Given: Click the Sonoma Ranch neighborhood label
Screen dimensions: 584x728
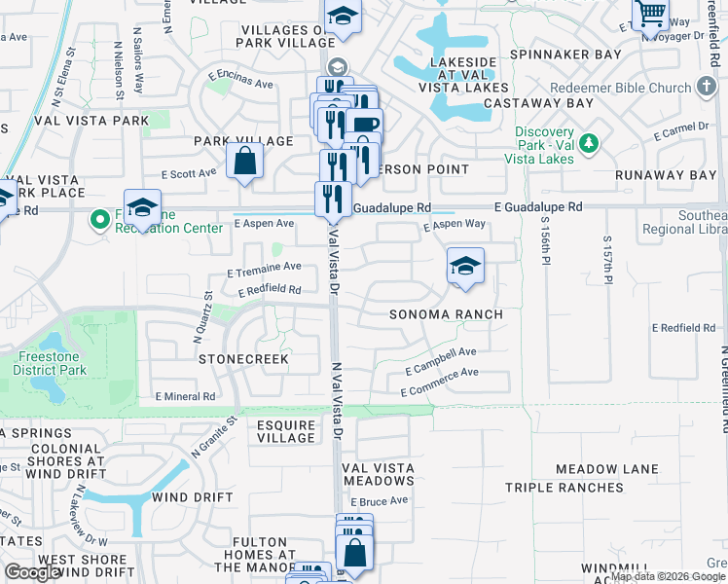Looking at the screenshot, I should (x=446, y=314).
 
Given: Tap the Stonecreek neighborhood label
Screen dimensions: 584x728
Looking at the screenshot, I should (x=244, y=359).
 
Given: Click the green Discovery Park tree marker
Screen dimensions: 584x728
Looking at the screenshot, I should (x=587, y=144).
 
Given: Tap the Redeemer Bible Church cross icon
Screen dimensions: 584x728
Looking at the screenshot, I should (x=708, y=88).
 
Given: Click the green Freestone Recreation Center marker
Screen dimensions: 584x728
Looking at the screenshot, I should (x=98, y=219).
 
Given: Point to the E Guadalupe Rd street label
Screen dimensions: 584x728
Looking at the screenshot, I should (x=537, y=207).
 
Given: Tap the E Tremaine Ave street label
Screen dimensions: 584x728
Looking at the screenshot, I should (x=264, y=268).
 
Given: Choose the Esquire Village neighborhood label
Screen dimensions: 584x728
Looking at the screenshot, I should (x=286, y=431).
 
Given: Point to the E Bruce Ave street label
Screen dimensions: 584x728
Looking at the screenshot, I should (x=379, y=501).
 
